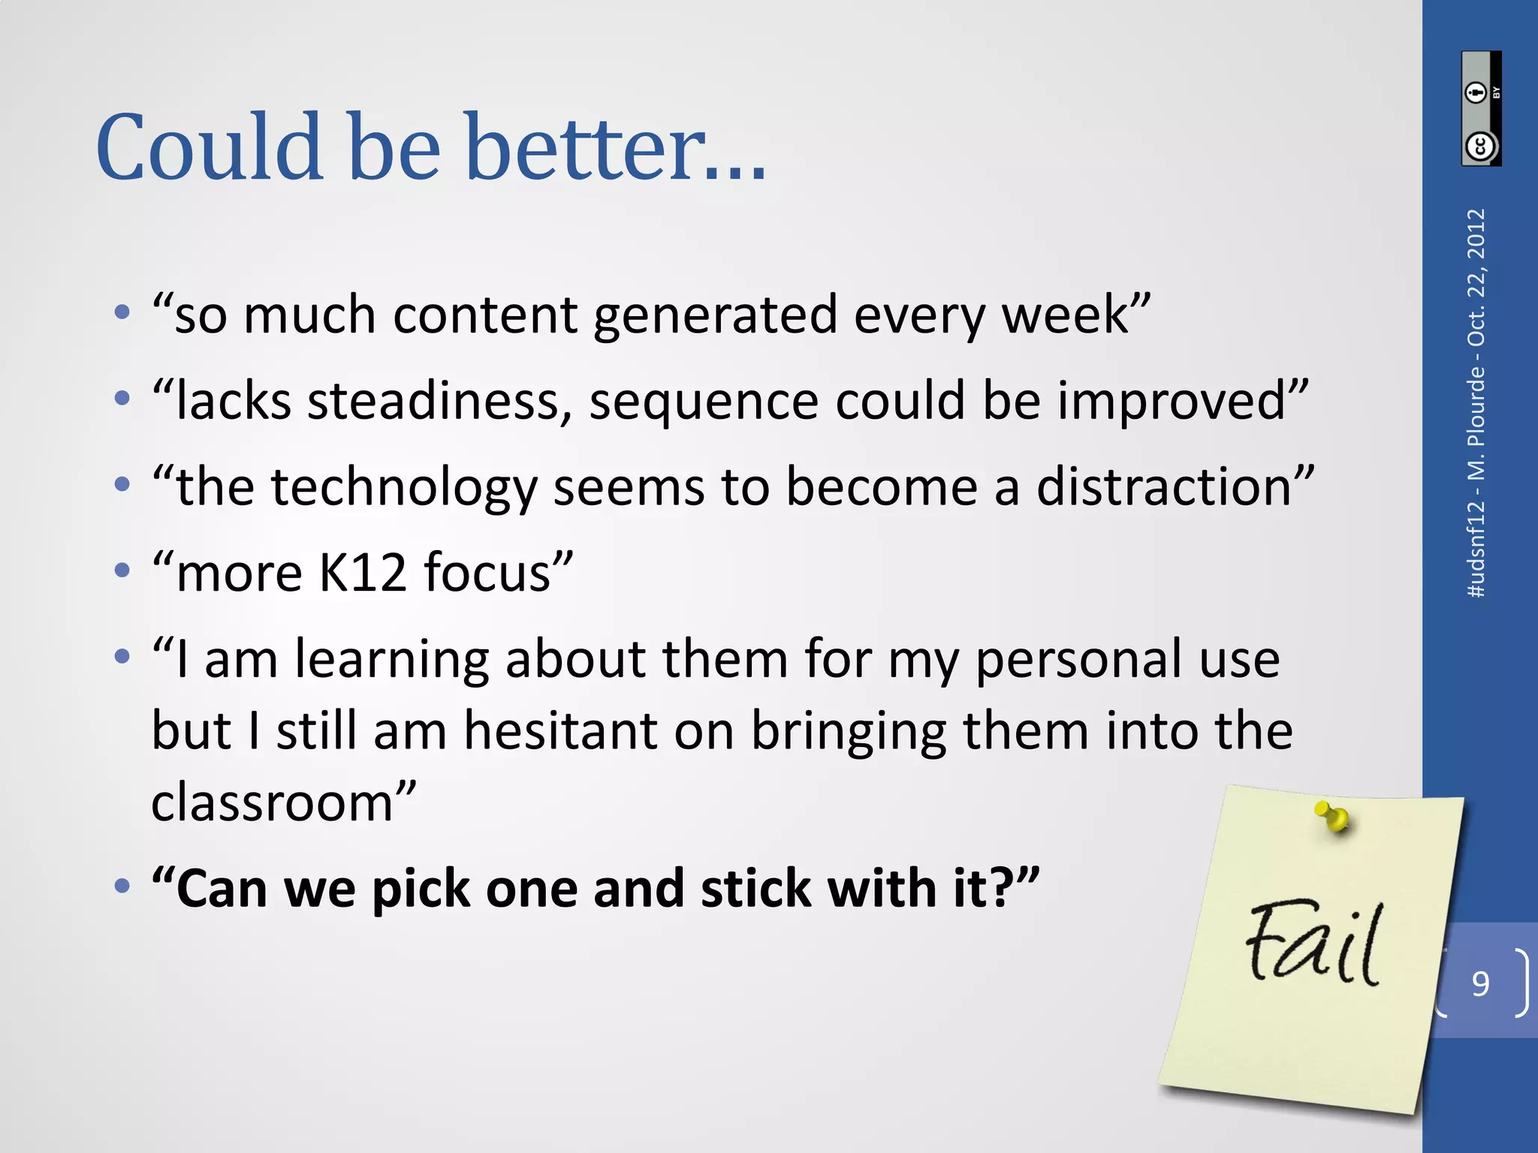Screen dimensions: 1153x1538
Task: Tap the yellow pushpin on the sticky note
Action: (x=1333, y=817)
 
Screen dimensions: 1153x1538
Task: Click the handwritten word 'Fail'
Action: (x=1313, y=944)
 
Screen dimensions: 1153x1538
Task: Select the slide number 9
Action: (x=1480, y=983)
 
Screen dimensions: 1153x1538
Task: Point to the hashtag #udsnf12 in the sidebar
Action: (x=1476, y=549)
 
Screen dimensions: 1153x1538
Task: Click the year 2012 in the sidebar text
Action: (x=1476, y=234)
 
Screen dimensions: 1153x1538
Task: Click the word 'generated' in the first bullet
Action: (x=714, y=315)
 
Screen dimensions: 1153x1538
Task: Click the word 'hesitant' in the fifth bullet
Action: (x=560, y=730)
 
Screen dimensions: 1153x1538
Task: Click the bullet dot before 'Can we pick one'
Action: (x=122, y=887)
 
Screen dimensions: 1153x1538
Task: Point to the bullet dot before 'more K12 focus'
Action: (x=122, y=571)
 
